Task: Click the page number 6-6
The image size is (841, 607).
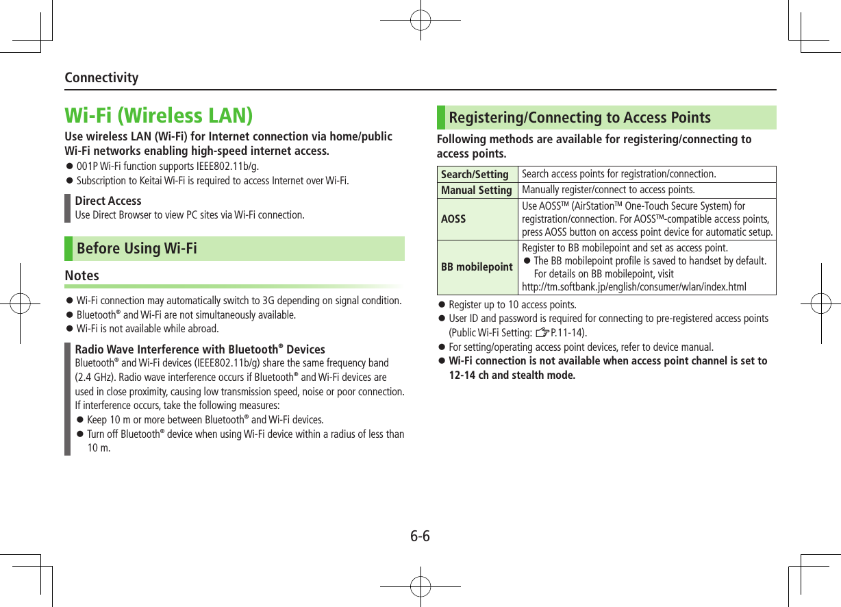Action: coord(420,536)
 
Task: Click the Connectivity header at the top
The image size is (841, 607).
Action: coord(101,77)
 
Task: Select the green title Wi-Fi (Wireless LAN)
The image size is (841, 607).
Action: coord(158,115)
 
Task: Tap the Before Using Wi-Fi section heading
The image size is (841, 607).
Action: coord(137,248)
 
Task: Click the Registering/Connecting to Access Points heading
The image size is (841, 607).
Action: coord(579,118)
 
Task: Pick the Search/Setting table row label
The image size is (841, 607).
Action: coord(475,174)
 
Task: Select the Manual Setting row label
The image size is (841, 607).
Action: coord(477,190)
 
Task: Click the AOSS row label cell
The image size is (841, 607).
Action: coord(453,219)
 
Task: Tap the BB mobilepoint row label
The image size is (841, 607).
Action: coord(477,267)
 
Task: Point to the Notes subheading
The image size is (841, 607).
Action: coord(81,275)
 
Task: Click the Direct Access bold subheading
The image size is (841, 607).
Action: coord(108,201)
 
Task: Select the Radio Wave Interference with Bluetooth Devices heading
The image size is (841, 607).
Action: coord(200,349)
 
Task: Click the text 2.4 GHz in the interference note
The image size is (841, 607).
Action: coord(92,377)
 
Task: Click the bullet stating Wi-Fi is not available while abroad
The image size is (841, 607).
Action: coord(147,329)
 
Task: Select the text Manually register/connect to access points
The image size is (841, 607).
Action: coord(608,190)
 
